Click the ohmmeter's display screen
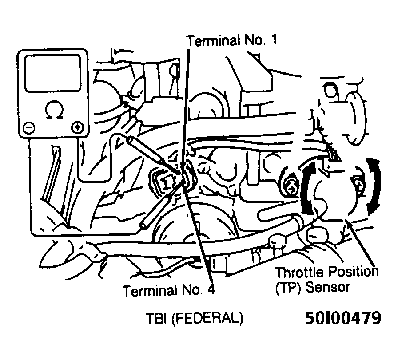tap(53, 73)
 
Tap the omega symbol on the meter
tap(54, 110)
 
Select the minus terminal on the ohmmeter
tap(29, 127)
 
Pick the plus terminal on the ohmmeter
tap(77, 127)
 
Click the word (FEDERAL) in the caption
tap(207, 318)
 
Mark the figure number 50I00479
tap(343, 318)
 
